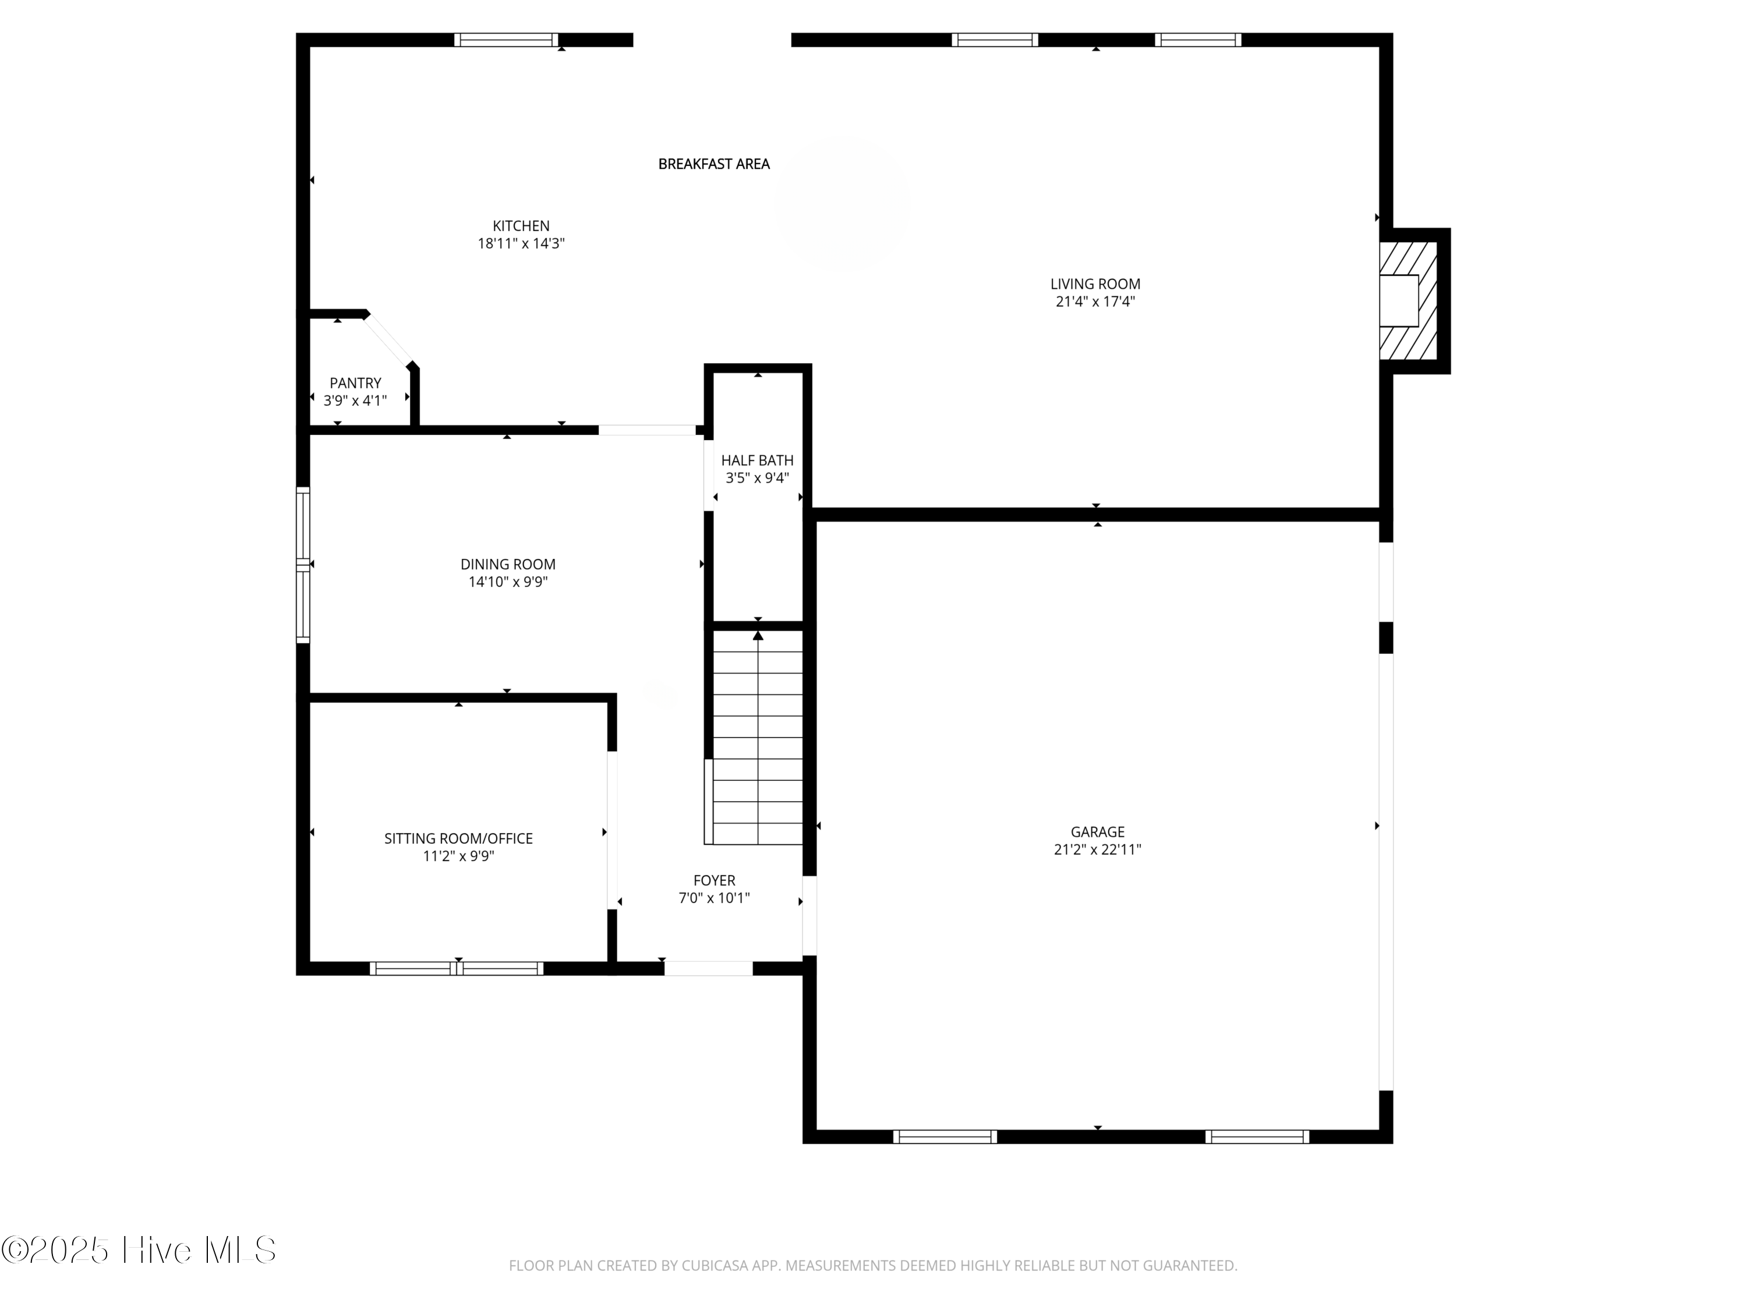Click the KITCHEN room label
[521, 226]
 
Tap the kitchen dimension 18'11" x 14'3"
[521, 243]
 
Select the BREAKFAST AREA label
[713, 164]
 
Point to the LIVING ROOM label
[1095, 284]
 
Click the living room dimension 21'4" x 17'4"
[1095, 301]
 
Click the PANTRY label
[355, 383]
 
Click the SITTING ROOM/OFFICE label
[458, 838]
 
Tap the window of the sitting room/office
[457, 968]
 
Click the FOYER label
[714, 880]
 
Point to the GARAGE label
[1097, 831]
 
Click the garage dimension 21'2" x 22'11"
[1097, 849]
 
